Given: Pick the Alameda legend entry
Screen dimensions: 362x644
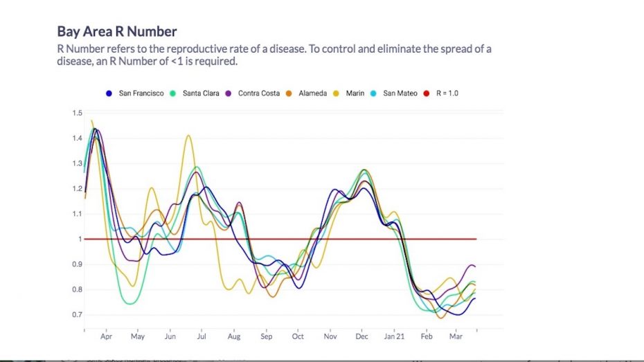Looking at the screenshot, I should click(x=312, y=93).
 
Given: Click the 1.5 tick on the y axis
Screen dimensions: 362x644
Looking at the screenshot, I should click(x=77, y=113).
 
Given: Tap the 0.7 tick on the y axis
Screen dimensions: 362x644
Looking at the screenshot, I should click(x=77, y=315).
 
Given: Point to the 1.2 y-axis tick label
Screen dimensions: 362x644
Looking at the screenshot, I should click(x=77, y=188).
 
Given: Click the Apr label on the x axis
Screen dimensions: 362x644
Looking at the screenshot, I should click(x=107, y=337).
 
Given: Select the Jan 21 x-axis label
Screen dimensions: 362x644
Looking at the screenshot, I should click(x=395, y=337).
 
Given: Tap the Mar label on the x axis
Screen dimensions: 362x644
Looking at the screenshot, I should click(x=456, y=337).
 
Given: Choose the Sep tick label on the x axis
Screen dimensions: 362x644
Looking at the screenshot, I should click(x=266, y=337).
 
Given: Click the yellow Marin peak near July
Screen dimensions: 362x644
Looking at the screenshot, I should click(x=188, y=136).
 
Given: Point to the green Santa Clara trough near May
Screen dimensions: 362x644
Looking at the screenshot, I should click(x=129, y=303).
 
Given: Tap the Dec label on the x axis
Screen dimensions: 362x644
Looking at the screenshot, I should click(x=361, y=337).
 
